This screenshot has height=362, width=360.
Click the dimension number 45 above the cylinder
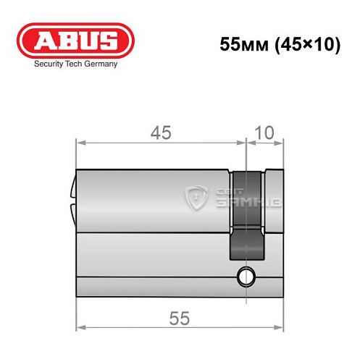coord(161,132)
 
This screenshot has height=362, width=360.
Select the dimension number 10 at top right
coord(264,132)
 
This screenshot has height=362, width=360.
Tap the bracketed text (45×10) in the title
coord(307,44)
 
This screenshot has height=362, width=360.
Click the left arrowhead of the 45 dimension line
coord(80,143)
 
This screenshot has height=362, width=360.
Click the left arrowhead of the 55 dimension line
coord(80,327)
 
